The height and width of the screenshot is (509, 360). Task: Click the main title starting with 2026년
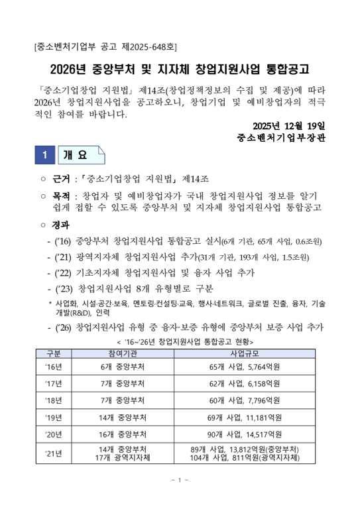[x=180, y=70]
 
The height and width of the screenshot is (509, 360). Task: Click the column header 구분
[x=52, y=353]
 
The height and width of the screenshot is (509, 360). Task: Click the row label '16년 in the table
[x=52, y=367]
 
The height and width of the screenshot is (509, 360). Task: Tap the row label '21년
[x=52, y=453]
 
